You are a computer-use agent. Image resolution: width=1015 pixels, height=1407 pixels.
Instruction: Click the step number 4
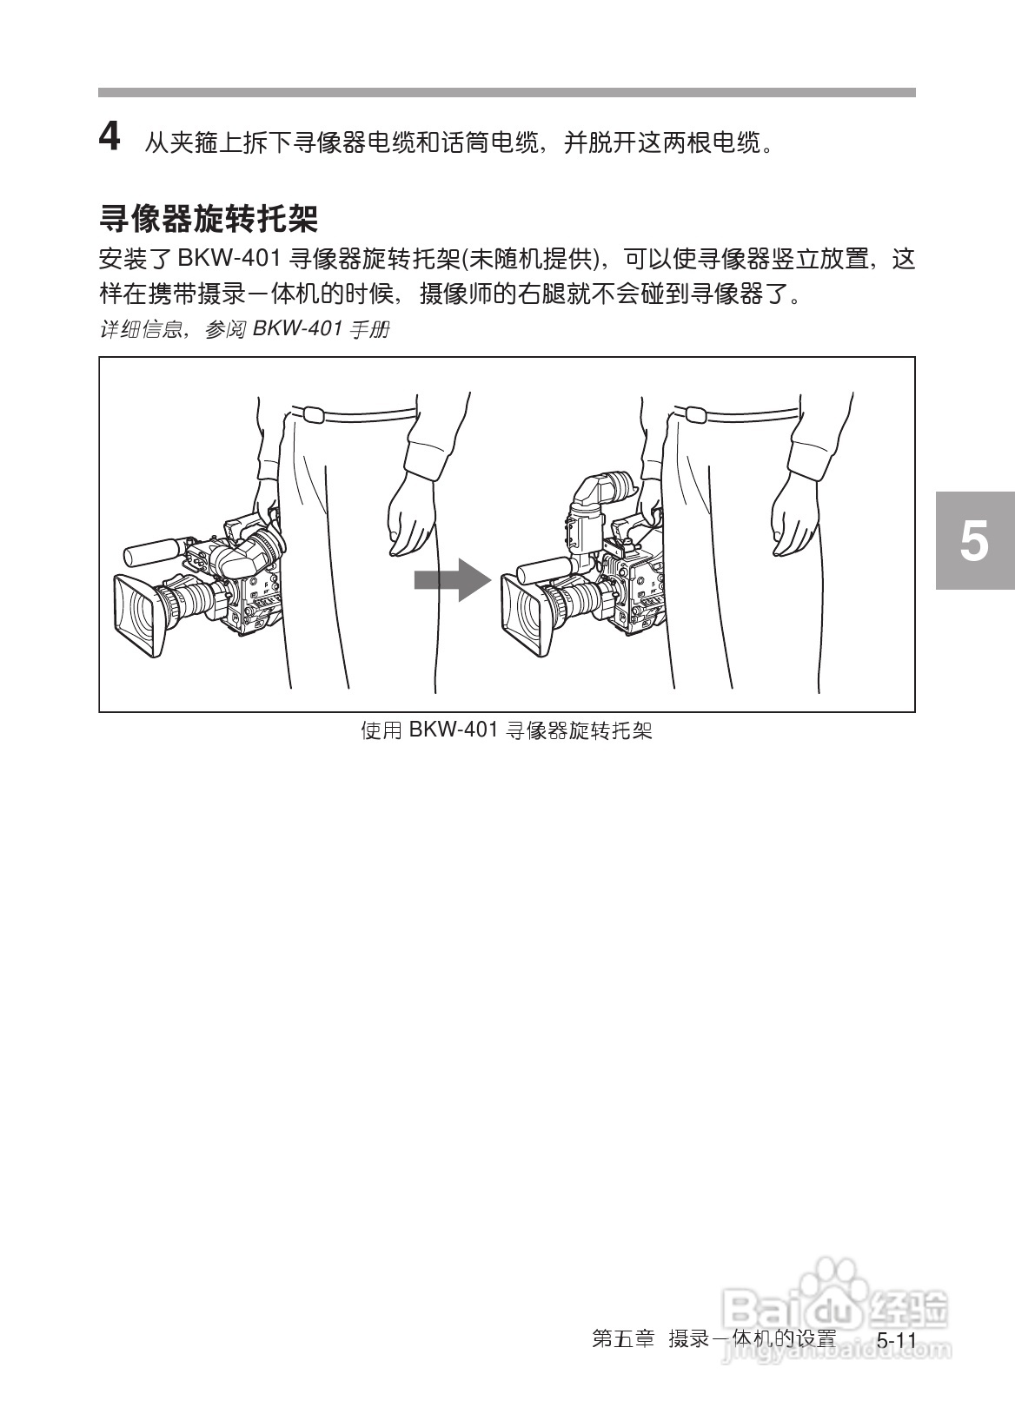(109, 138)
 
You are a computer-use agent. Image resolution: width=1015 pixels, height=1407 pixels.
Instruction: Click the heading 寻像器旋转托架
(209, 217)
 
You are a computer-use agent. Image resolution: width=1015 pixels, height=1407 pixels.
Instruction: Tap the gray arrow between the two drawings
(452, 579)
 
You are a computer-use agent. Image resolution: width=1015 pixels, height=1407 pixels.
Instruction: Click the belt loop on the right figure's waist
(695, 414)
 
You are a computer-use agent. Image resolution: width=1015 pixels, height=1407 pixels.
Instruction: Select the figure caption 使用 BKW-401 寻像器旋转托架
(507, 730)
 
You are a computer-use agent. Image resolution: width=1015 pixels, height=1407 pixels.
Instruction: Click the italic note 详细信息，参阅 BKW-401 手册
(244, 330)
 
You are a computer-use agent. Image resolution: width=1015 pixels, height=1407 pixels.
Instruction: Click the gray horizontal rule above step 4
(507, 92)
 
